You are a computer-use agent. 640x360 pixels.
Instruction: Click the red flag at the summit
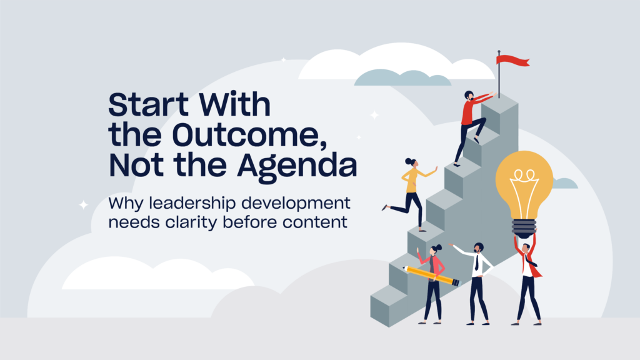[513, 61]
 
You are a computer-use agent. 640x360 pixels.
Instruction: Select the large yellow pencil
[431, 276]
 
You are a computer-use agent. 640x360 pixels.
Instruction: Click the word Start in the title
[149, 104]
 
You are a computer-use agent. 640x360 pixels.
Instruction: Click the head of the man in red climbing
[469, 96]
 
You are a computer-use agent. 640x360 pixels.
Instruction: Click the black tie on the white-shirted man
[476, 263]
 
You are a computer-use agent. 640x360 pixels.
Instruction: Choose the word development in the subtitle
[296, 203]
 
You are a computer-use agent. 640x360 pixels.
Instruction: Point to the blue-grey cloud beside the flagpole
[402, 77]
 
